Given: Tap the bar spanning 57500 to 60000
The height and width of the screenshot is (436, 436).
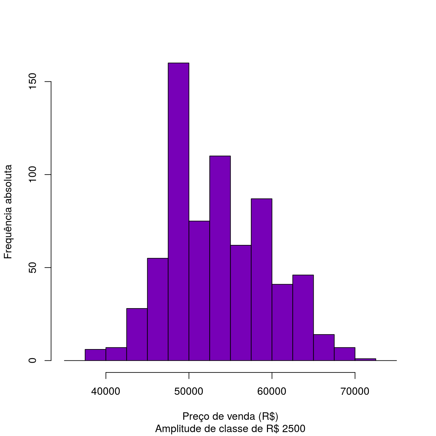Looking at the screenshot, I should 261,279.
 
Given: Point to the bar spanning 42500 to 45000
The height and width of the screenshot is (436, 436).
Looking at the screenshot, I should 137,334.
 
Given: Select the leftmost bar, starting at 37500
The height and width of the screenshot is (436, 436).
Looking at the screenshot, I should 95,355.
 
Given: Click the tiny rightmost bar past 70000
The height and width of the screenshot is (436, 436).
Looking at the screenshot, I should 365,359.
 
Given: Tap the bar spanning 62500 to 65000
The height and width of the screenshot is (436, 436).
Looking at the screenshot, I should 303,318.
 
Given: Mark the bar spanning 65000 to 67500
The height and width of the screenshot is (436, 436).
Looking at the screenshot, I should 324,347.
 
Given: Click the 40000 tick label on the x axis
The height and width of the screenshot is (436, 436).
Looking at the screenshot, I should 106,392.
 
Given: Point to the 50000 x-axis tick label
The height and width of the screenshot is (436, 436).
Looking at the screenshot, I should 189,392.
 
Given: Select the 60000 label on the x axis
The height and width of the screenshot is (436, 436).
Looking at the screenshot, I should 272,392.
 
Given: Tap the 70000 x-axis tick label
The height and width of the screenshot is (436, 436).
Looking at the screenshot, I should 355,392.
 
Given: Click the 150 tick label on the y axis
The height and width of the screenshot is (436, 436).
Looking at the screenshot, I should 32,82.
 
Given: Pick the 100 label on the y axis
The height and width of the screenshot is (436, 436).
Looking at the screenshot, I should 32,175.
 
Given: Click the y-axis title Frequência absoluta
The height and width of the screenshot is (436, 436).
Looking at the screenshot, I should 8,212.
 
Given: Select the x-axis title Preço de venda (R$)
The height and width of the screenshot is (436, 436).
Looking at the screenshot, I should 230,416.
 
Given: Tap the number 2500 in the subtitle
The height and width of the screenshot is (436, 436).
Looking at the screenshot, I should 294,429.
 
